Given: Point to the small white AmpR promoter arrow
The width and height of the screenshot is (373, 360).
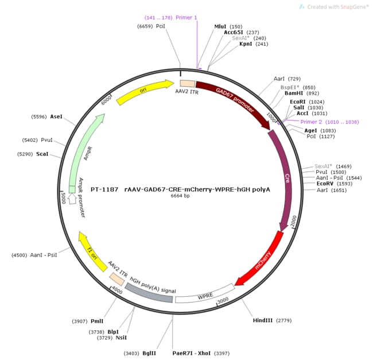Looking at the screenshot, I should [72, 199].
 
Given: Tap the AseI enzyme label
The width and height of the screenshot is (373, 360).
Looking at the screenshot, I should [56, 117].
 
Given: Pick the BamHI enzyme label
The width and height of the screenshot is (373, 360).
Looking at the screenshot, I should [293, 94].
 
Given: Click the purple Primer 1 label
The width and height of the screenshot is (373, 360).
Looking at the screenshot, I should [186, 17].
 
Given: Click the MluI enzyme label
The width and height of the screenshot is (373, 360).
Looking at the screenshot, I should [220, 26].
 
